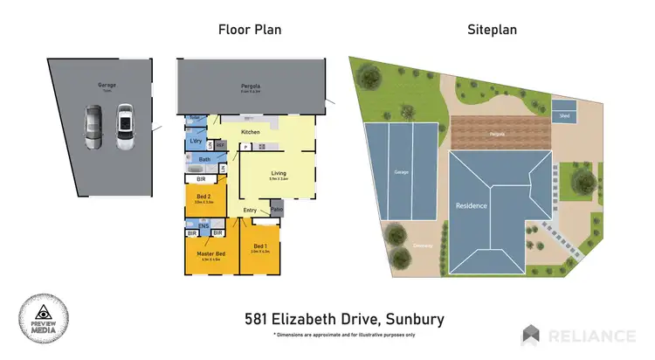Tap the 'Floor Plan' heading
coord(249,30)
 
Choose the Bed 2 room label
coord(202,195)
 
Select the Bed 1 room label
coord(260,247)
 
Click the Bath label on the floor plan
coord(204,159)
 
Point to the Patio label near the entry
coord(277,210)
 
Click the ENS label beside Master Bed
coord(203,226)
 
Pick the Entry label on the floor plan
coord(251,210)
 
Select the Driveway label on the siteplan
coord(424,246)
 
